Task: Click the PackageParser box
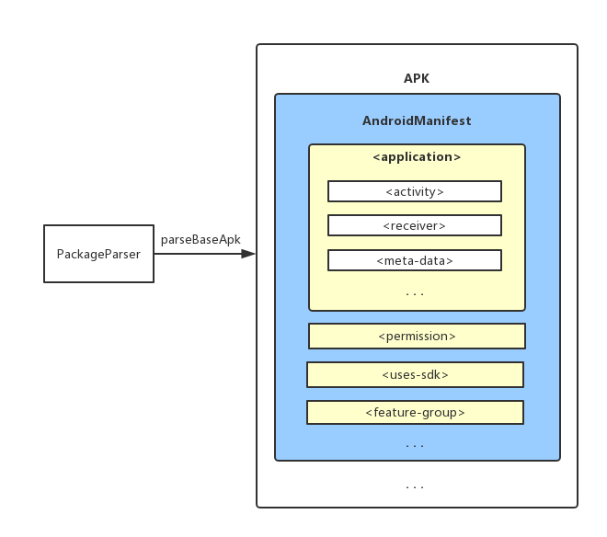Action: pyautogui.click(x=98, y=254)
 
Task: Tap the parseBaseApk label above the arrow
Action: pyautogui.click(x=200, y=239)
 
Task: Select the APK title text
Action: pyautogui.click(x=417, y=78)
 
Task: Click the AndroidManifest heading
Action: pyautogui.click(x=417, y=120)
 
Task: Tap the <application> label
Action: pyautogui.click(x=417, y=157)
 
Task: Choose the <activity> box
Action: pyautogui.click(x=415, y=191)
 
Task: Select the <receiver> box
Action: pyautogui.click(x=415, y=225)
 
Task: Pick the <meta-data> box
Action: pyautogui.click(x=415, y=260)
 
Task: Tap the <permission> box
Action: pyautogui.click(x=417, y=337)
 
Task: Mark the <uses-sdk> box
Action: pyautogui.click(x=415, y=374)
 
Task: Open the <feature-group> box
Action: pyautogui.click(x=415, y=412)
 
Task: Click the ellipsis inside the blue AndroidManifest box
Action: pyautogui.click(x=415, y=446)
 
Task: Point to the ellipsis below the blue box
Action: pyautogui.click(x=415, y=486)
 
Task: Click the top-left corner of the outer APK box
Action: pyautogui.click(x=258, y=45)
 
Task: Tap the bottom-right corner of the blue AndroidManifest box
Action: pyautogui.click(x=559, y=459)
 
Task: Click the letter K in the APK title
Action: pyautogui.click(x=425, y=78)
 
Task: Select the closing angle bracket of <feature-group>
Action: pyautogui.click(x=462, y=412)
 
